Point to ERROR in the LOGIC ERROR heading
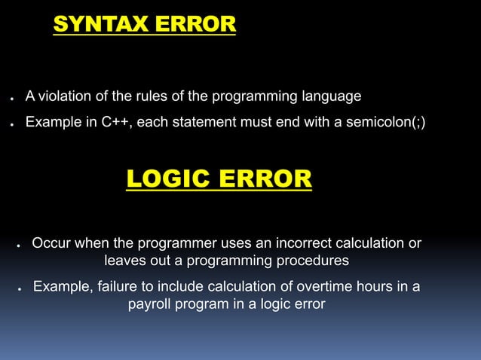coord(265,179)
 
